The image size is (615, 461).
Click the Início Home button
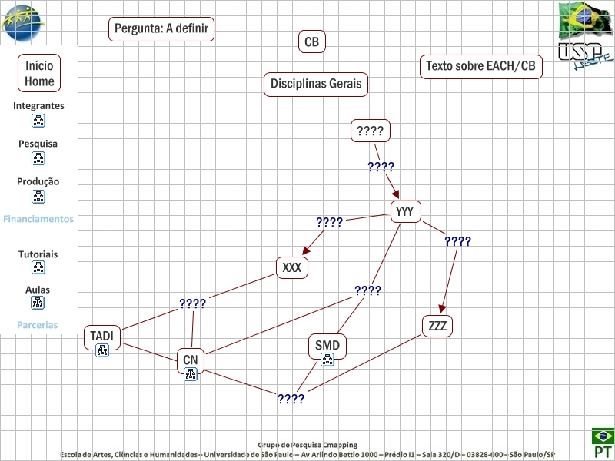coord(39,74)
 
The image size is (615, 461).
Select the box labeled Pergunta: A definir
coord(161,29)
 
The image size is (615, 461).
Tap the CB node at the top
coord(311,42)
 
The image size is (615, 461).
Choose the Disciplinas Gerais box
coord(316,84)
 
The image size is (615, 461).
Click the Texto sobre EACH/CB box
coord(480,67)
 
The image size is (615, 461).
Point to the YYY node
coord(406,211)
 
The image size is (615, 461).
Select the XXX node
coord(292,268)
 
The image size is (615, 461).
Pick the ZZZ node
coord(437,326)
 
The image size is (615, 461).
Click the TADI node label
coord(101,336)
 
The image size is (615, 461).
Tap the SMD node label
coord(327,345)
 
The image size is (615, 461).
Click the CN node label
coord(191,359)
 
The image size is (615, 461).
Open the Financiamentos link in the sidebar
coord(38,219)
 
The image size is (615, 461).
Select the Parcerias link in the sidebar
coord(38,325)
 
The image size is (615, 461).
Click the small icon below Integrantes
coord(38,121)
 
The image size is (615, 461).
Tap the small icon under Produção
coord(38,197)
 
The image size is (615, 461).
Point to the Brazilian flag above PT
coord(602,436)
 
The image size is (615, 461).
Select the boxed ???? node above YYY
coord(371,131)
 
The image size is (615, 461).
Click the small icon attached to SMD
coord(327,360)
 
